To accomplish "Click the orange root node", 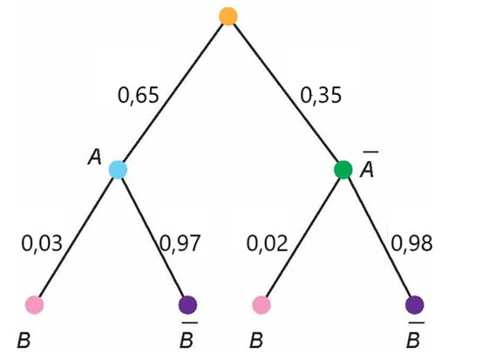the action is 228,16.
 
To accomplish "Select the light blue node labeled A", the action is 119,169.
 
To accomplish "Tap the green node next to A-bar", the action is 343,169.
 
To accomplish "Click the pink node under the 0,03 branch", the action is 35,305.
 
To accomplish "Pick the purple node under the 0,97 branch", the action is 187,305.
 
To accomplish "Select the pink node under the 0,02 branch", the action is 261,305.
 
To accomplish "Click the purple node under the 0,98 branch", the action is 415,305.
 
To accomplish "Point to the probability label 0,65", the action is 139,95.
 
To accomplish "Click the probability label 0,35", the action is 321,95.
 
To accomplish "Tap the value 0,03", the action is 42,244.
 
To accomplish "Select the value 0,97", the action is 180,244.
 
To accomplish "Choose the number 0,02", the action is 267,244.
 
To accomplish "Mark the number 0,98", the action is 411,244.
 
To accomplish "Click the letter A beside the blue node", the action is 95,158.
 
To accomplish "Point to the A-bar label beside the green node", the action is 368,164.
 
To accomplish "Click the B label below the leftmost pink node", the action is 24,341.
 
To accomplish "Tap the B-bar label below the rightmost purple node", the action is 415,335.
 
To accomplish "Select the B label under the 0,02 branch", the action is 256,341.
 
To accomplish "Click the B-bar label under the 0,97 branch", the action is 188,335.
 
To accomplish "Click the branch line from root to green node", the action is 286,93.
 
